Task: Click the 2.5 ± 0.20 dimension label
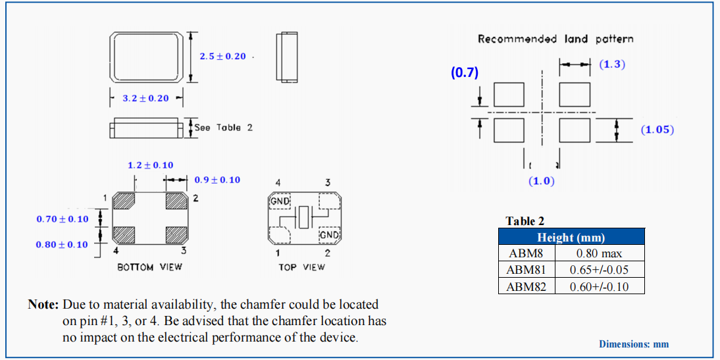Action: pos(222,57)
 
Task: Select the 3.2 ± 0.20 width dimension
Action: pos(145,99)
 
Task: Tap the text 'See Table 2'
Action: pos(224,128)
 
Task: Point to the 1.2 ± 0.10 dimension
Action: pos(150,165)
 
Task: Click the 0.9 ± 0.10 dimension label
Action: pos(217,180)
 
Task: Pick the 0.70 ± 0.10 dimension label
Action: pos(62,219)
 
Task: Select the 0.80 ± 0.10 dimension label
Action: pos(62,245)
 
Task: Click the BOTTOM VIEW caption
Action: pos(149,267)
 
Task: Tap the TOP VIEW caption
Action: pos(301,267)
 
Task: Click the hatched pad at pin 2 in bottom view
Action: pos(176,201)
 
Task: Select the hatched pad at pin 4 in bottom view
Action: pos(124,234)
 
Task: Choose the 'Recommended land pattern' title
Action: pos(555,39)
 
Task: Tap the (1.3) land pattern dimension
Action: pos(612,64)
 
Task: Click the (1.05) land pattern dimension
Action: pos(657,130)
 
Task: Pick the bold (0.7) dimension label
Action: pos(464,73)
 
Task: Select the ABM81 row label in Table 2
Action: pos(527,270)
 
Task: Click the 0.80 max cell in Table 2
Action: pos(600,253)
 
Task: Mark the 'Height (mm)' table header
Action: pos(571,238)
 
